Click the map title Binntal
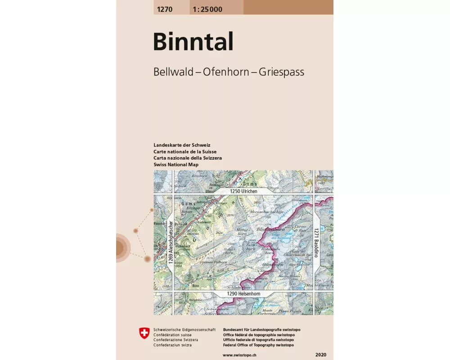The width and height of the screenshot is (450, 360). click(193, 42)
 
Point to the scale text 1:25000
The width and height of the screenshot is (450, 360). click(207, 9)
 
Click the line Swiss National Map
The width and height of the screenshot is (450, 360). click(176, 165)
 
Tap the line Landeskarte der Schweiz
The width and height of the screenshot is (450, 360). click(182, 145)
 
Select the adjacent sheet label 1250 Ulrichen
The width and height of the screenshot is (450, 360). click(243, 191)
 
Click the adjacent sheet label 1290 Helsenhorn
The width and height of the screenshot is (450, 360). click(243, 294)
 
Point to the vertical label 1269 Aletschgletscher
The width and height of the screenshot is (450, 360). click(171, 243)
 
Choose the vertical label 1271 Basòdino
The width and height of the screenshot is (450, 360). click(316, 240)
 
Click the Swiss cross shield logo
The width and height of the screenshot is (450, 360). click(144, 333)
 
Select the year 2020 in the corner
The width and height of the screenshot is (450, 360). click(322, 355)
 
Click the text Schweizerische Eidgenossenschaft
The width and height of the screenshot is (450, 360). click(184, 330)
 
